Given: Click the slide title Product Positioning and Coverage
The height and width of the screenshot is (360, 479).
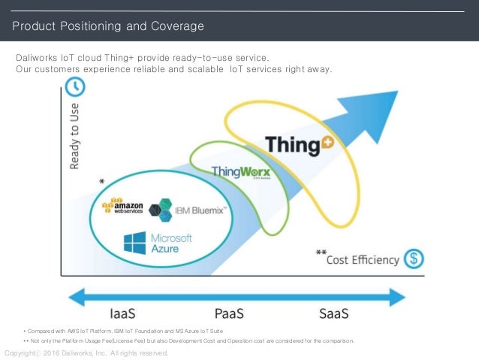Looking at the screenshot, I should [x=108, y=27].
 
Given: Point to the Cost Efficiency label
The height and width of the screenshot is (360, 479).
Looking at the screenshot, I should [x=363, y=259].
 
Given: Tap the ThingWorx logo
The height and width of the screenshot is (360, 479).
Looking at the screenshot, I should [x=240, y=172].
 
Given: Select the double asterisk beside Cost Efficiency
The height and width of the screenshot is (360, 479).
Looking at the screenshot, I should [x=321, y=253].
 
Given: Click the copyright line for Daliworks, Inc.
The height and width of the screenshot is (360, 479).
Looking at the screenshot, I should [x=86, y=352].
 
